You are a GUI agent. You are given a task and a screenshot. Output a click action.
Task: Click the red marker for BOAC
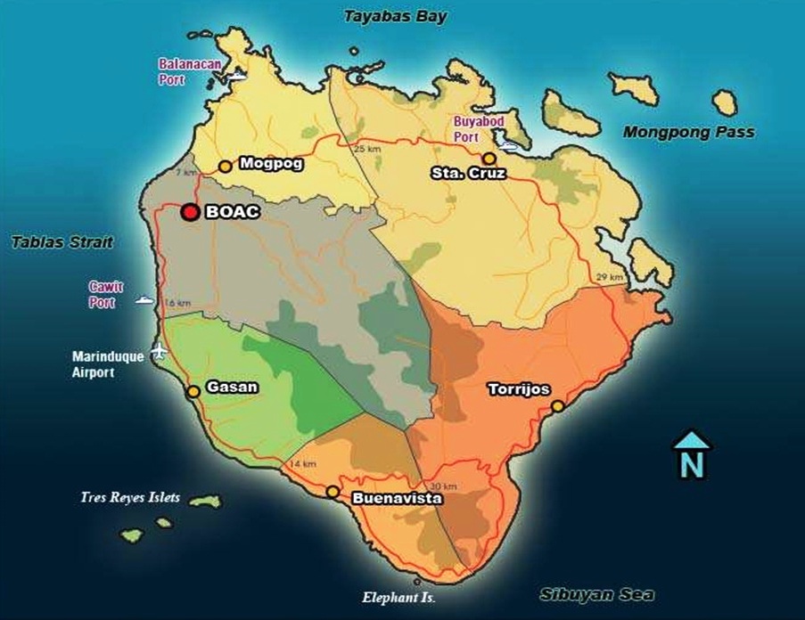pyautogui.click(x=189, y=212)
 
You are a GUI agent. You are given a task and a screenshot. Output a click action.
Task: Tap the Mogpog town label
pyautogui.click(x=271, y=164)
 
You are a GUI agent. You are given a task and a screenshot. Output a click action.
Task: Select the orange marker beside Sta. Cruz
pyautogui.click(x=489, y=158)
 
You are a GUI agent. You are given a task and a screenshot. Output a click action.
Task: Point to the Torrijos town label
pyautogui.click(x=518, y=389)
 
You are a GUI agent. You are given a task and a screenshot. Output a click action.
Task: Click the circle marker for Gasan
pyautogui.click(x=193, y=391)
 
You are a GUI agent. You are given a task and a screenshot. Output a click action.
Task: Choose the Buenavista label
pyautogui.click(x=398, y=500)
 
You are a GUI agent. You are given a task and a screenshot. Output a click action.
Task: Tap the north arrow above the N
pyautogui.click(x=692, y=440)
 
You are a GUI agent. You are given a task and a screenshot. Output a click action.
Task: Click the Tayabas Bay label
pyautogui.click(x=396, y=16)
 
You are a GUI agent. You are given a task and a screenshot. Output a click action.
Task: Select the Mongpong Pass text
pyautogui.click(x=688, y=133)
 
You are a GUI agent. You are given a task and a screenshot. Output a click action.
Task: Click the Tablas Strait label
pyautogui.click(x=62, y=242)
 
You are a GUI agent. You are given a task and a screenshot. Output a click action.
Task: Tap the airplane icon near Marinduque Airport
pyautogui.click(x=160, y=350)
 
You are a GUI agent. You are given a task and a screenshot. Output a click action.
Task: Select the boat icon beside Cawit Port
pyautogui.click(x=144, y=300)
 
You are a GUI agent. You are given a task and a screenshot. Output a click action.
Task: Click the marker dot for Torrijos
pyautogui.click(x=557, y=406)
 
